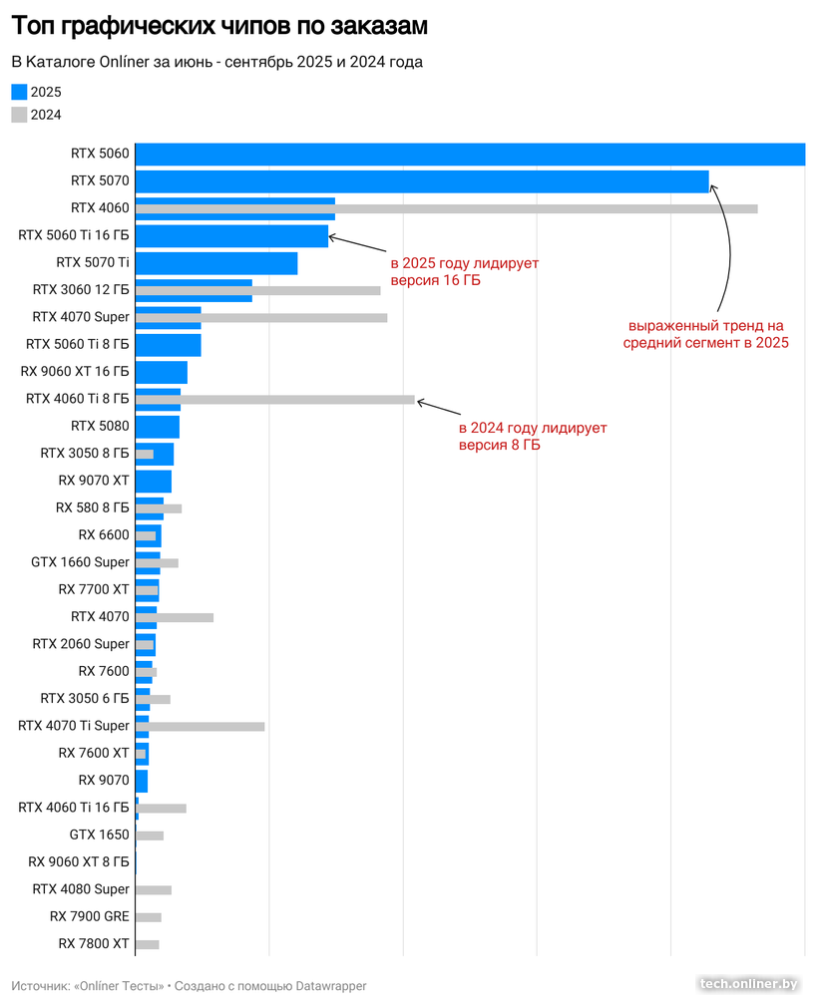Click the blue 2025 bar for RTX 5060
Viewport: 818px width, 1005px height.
tap(469, 154)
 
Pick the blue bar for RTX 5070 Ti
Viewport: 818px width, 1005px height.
tap(215, 263)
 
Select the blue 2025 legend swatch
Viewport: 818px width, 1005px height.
tap(19, 91)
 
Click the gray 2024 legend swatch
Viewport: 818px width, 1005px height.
tap(19, 115)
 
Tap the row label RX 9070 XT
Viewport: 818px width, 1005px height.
tap(94, 481)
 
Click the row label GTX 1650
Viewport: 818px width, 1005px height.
tap(100, 835)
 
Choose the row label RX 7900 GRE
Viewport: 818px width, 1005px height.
tap(90, 916)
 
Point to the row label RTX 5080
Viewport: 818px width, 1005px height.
tap(100, 426)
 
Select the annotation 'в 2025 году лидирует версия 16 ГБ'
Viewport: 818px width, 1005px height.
tap(464, 272)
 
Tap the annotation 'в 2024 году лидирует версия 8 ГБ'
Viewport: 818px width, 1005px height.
tap(533, 437)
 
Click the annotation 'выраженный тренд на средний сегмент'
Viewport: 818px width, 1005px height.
tap(706, 334)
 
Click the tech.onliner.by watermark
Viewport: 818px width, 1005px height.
tap(749, 984)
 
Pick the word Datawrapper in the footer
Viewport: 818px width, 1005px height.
tap(331, 986)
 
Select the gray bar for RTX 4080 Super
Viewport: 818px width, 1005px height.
tap(153, 889)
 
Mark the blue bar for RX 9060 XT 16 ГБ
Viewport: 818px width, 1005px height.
tap(161, 372)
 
